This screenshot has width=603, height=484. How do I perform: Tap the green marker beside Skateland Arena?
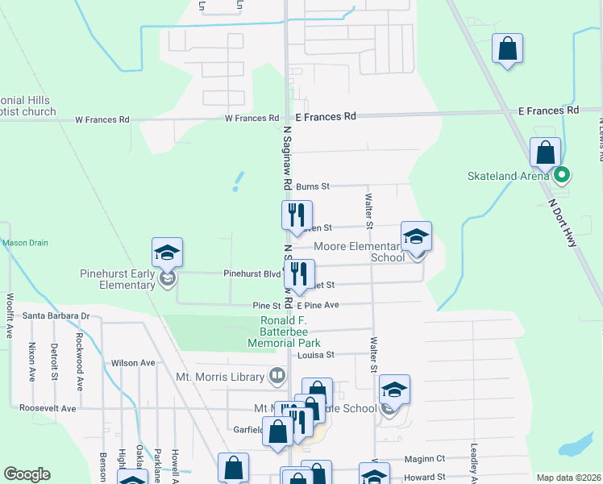(563, 173)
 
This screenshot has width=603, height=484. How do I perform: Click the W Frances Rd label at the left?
(102, 119)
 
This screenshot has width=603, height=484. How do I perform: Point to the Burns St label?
(313, 186)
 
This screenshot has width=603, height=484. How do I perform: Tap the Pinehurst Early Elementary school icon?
(168, 253)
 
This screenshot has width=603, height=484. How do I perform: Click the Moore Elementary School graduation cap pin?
(417, 237)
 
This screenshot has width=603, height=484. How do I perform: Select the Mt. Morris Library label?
(220, 377)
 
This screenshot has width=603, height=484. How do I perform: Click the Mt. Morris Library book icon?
(277, 376)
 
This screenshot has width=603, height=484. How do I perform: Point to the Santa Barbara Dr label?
(56, 315)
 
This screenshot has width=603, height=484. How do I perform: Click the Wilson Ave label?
(133, 363)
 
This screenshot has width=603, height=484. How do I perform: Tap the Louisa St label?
(315, 355)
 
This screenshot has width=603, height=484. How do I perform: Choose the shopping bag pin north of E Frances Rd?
(507, 50)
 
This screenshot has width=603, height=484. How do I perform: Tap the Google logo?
(27, 474)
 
